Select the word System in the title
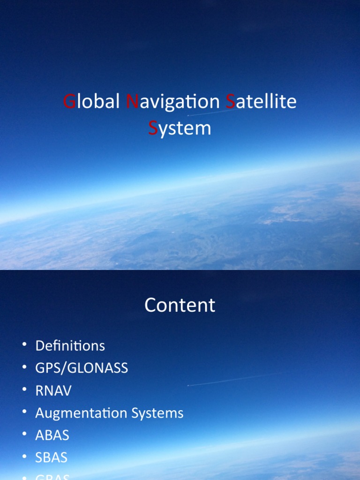coord(180,128)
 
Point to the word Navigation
coord(173,102)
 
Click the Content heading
coord(180,305)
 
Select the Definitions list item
coord(70,346)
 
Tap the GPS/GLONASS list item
coord(82,368)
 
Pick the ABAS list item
coord(52,435)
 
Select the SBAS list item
coord(52,457)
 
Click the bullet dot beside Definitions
coord(24,345)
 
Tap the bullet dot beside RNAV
coord(24,390)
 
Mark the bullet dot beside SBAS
coord(24,457)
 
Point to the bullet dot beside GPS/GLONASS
coord(24,368)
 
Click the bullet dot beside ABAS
coord(24,435)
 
